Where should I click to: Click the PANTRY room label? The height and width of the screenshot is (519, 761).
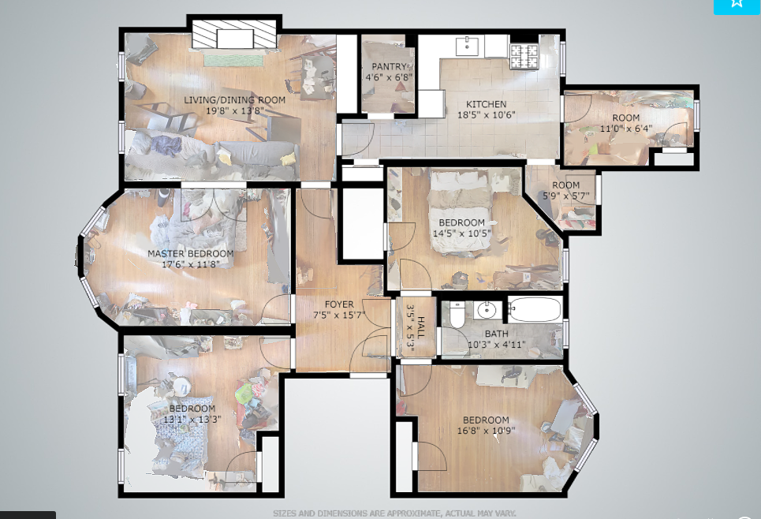[390, 66]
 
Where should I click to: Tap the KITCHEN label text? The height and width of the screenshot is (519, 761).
[487, 104]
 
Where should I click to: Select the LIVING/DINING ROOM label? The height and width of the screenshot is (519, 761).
[234, 100]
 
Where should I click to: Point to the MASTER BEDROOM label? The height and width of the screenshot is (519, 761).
[191, 253]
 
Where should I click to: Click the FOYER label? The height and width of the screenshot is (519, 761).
[339, 304]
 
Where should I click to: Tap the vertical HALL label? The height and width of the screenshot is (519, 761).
[421, 327]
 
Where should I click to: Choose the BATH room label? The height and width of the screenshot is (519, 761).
[497, 334]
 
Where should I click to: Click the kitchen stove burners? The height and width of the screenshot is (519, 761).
[524, 56]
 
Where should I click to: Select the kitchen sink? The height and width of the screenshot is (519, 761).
[468, 47]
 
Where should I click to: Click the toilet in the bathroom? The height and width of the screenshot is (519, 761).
[457, 315]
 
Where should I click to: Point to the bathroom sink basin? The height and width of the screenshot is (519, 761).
[485, 309]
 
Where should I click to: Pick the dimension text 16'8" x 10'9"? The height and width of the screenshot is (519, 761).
[486, 431]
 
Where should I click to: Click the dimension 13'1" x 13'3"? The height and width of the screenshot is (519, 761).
[192, 419]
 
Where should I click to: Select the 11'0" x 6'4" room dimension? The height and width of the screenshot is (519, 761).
[626, 129]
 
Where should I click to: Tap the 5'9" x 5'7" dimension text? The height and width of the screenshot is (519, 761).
[566, 196]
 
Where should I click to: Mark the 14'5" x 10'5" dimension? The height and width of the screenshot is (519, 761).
[461, 233]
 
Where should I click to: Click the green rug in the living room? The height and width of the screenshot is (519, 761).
[233, 60]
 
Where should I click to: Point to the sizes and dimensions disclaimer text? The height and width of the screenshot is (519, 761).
[394, 513]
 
